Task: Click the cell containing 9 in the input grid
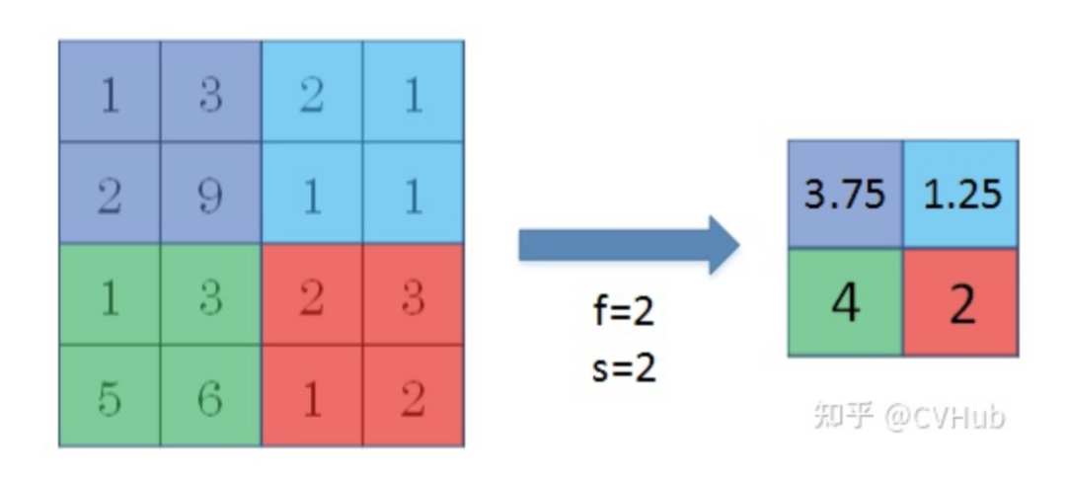click(210, 196)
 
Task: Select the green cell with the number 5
click(109, 397)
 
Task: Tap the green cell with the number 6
click(210, 397)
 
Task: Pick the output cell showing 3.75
click(845, 194)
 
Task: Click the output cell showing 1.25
click(961, 194)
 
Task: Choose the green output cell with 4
click(845, 303)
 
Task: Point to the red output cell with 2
click(961, 303)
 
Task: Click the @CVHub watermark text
click(943, 416)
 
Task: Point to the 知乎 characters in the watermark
click(844, 416)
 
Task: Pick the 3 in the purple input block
click(210, 96)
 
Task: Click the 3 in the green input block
click(210, 297)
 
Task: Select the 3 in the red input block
click(414, 297)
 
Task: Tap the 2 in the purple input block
click(109, 196)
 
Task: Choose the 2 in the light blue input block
click(312, 96)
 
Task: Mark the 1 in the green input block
click(109, 297)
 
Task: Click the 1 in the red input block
click(312, 397)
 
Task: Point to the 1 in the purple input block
click(109, 96)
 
